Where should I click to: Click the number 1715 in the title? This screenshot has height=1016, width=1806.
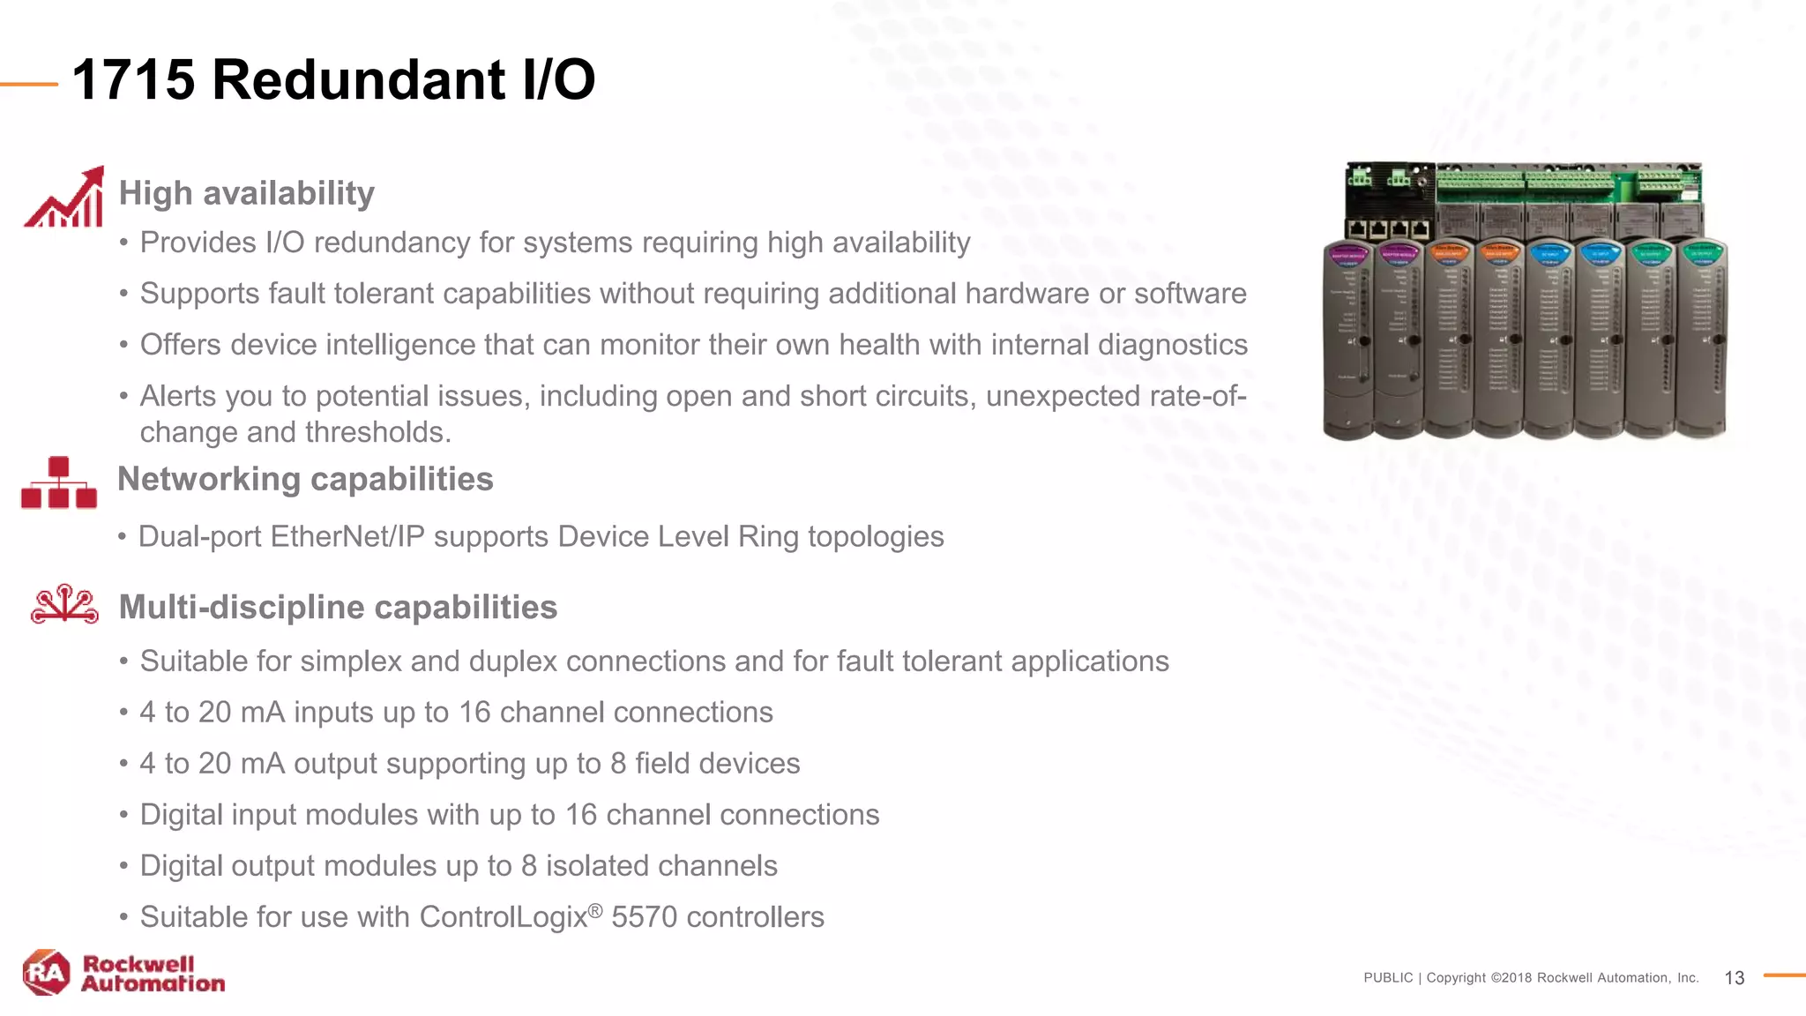click(x=133, y=80)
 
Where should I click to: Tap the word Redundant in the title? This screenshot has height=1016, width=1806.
click(x=359, y=80)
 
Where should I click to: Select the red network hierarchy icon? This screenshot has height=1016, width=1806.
click(x=59, y=483)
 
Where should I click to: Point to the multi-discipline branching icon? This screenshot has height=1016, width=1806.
click(x=64, y=604)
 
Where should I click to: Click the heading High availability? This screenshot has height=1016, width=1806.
click(x=247, y=193)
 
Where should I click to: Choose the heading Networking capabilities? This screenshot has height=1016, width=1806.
click(x=305, y=480)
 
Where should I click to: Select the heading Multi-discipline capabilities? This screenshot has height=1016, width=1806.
click(x=338, y=608)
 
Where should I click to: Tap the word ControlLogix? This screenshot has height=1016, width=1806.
click(x=504, y=917)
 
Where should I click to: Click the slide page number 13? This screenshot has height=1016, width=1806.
click(x=1734, y=978)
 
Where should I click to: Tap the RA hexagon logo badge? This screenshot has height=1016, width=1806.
click(x=47, y=973)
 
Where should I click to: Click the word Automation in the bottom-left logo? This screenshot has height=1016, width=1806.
click(x=153, y=984)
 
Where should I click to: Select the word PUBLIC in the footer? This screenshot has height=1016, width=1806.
click(x=1388, y=978)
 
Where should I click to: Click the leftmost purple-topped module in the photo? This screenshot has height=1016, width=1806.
click(x=1348, y=340)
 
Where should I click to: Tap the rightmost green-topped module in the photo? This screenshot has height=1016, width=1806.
click(x=1701, y=340)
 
